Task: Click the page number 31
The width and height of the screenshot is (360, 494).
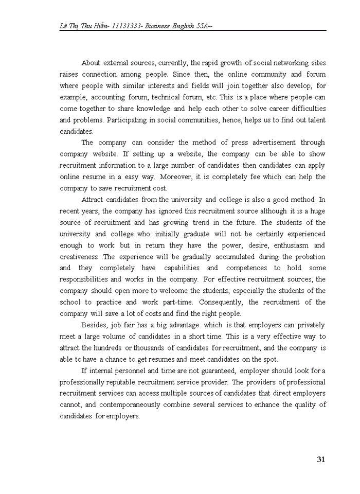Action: pos(321,460)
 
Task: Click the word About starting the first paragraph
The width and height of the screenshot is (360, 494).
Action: pos(91,63)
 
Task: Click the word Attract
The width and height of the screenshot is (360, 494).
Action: pos(93,199)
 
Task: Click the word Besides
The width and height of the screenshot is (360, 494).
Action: pos(94,325)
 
